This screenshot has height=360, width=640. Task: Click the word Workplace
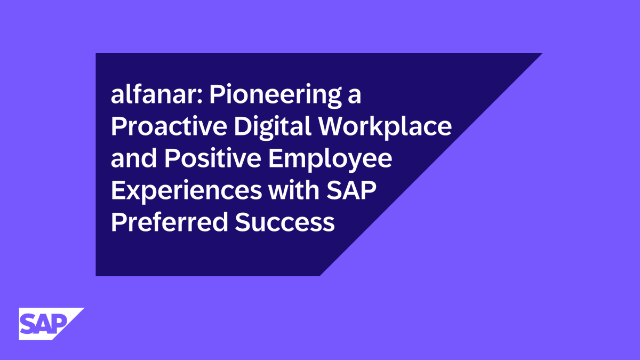[x=395, y=127]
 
